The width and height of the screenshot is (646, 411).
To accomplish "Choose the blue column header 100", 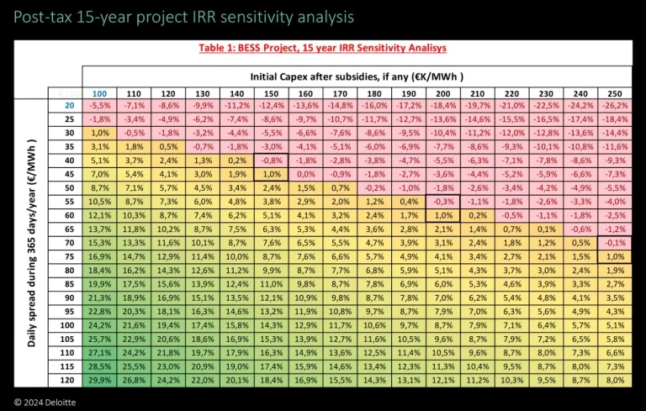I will pyautogui.click(x=99, y=93).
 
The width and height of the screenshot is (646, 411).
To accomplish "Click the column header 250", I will pyautogui.click(x=615, y=93).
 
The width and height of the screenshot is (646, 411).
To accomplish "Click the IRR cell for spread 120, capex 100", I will pyautogui.click(x=99, y=379).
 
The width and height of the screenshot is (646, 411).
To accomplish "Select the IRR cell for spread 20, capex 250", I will pyautogui.click(x=615, y=105).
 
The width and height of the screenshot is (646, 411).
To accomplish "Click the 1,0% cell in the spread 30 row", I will pyautogui.click(x=99, y=133).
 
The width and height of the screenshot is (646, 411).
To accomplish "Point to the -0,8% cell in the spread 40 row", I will pyautogui.click(x=271, y=160).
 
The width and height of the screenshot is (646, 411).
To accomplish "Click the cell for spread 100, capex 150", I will pyautogui.click(x=271, y=324).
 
